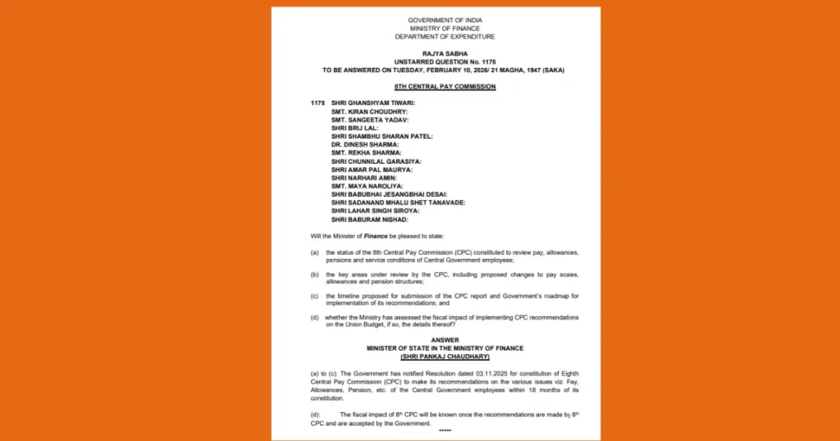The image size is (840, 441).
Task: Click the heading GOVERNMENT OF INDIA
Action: click(445, 19)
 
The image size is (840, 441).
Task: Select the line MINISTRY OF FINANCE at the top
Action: click(445, 28)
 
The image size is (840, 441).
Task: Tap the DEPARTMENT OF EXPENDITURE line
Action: click(445, 37)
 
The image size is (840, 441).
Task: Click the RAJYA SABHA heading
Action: click(445, 54)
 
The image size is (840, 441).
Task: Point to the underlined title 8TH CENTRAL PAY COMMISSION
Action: click(445, 86)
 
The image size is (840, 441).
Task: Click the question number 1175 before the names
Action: click(318, 102)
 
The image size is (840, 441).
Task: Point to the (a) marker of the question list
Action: click(315, 252)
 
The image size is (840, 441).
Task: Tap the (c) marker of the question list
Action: click(315, 295)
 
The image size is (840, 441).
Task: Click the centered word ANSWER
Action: click(445, 339)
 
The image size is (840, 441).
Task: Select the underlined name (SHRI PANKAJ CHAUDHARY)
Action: click(445, 357)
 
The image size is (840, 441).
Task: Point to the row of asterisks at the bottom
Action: click(445, 430)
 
